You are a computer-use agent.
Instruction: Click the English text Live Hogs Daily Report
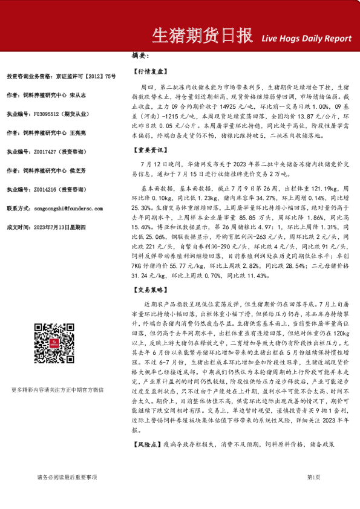click(307, 39)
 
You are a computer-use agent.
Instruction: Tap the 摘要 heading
click(140, 55)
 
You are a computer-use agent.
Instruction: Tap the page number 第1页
click(313, 478)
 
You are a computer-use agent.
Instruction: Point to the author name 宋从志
click(79, 95)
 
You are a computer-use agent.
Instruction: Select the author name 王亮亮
click(79, 132)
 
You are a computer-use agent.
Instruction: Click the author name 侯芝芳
click(79, 170)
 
